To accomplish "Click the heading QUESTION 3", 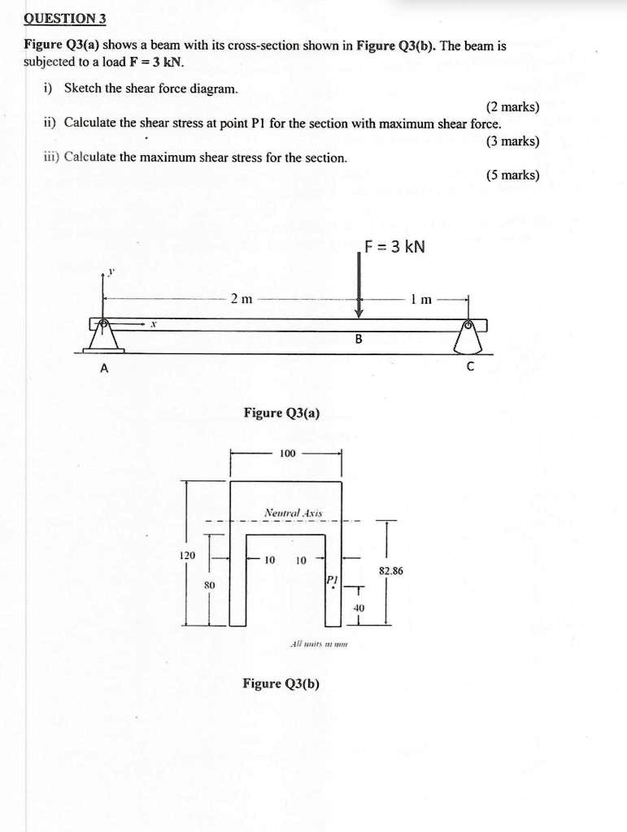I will (x=64, y=18).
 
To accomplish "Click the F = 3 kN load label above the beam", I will (x=395, y=246).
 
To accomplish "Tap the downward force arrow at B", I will (x=359, y=284).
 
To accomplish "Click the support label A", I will (x=103, y=367).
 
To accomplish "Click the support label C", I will (x=469, y=367).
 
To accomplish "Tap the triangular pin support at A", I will (x=104, y=336).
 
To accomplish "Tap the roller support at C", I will (x=468, y=336).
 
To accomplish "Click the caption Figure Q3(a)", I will (x=281, y=414).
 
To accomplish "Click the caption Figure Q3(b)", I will (x=281, y=683).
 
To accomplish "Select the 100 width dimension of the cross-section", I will (x=287, y=453).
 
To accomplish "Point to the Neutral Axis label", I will (x=293, y=513).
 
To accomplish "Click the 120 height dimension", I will (x=186, y=556).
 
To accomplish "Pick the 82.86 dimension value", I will (x=391, y=571).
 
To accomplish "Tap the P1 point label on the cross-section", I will (x=330, y=579).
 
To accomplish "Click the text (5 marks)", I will (x=512, y=175).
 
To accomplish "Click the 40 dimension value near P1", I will (x=359, y=607).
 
